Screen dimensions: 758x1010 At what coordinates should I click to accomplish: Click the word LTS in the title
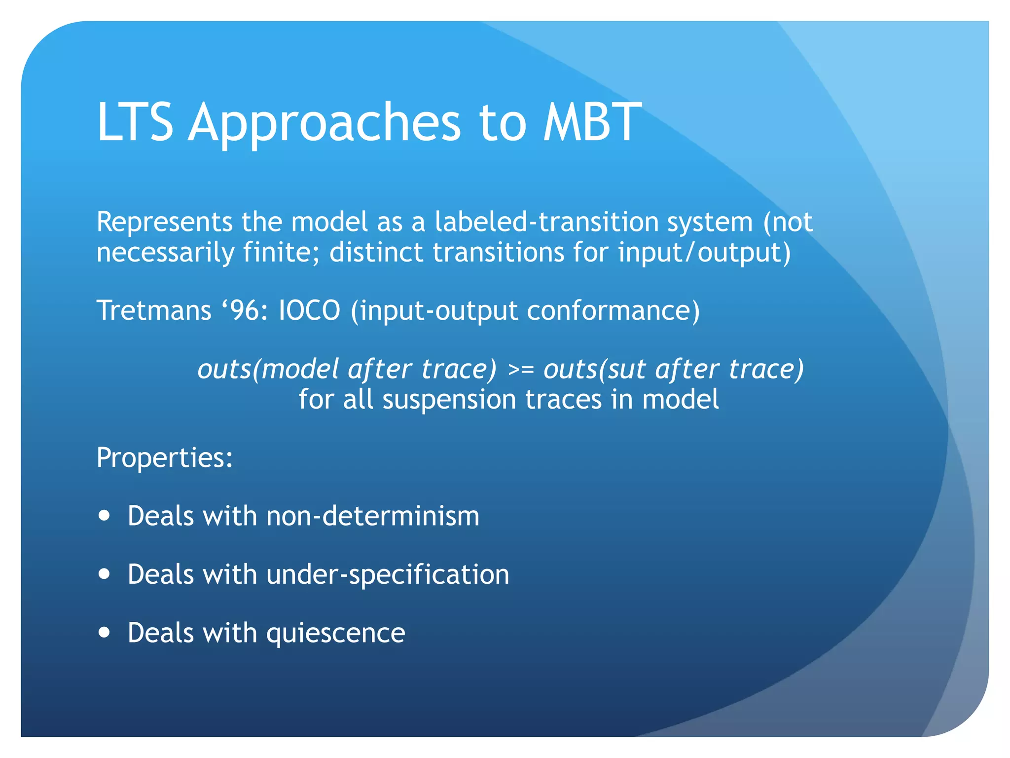pos(135,122)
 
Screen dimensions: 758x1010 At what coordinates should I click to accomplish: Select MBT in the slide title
pos(592,122)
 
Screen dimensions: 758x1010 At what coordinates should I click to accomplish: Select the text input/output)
pos(704,253)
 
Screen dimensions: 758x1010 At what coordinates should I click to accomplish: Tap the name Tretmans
pos(154,311)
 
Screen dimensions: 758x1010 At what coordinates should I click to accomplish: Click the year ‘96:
pos(244,311)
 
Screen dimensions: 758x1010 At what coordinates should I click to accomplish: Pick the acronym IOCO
pos(309,311)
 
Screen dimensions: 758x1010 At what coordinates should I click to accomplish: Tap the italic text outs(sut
pos(595,369)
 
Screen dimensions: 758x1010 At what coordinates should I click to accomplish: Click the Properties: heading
pos(165,458)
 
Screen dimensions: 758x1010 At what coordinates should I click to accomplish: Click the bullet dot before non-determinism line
pos(104,516)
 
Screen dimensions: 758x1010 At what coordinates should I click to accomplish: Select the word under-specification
pos(388,575)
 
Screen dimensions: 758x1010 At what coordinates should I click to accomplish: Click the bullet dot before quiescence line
pos(104,632)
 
